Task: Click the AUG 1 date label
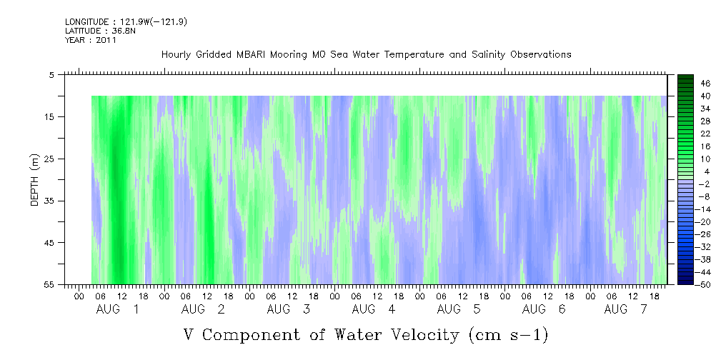[117, 310]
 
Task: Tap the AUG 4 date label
[374, 310]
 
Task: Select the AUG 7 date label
[625, 310]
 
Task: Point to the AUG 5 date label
[459, 310]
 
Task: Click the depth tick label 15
[48, 116]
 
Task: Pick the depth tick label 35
[48, 201]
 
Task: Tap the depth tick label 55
[48, 285]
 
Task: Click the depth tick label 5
[51, 75]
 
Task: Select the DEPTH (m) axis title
[35, 180]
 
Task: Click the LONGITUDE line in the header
[126, 21]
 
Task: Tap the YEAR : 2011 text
[91, 40]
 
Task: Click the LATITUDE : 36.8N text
[100, 31]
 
